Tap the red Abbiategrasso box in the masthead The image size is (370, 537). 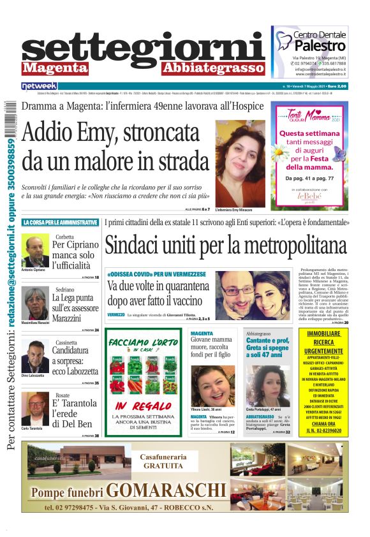[212, 68]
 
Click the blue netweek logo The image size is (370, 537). [39, 86]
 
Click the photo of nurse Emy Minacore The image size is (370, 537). [240, 165]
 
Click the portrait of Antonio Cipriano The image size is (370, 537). [35, 251]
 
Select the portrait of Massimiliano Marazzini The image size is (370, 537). [35, 302]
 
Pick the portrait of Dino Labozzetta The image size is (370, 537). [35, 355]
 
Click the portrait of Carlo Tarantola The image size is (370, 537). [35, 408]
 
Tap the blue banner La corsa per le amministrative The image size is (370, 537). [61, 223]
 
